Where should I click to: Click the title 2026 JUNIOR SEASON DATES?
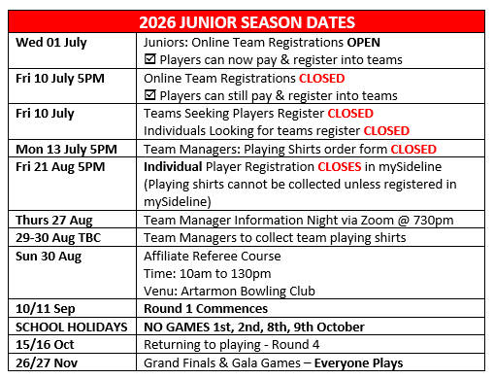(x=247, y=22)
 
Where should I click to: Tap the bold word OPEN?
(x=364, y=43)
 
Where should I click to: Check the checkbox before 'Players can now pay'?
(x=150, y=59)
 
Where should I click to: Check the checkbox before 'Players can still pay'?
(x=150, y=95)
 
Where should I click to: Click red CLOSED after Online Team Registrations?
(x=322, y=79)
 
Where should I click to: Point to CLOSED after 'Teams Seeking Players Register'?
(x=350, y=114)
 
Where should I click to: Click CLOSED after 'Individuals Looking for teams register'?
(x=386, y=131)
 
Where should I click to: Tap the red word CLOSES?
(x=340, y=167)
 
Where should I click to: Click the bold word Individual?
(x=173, y=167)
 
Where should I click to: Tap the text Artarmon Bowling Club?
(x=247, y=291)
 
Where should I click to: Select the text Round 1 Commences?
(x=206, y=309)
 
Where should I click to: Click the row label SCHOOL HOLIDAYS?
(x=72, y=327)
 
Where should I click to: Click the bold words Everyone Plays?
(x=358, y=363)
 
